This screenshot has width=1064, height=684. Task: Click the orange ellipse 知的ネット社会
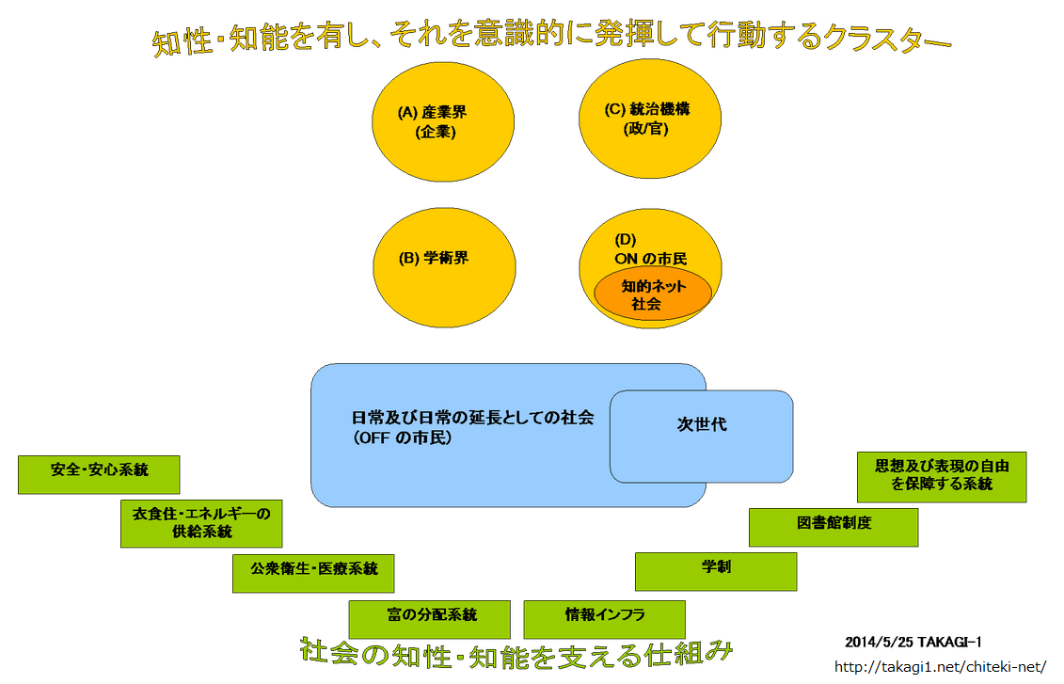(x=652, y=295)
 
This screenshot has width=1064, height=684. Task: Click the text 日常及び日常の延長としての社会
(x=472, y=419)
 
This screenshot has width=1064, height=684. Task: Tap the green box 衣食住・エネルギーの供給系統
(x=201, y=523)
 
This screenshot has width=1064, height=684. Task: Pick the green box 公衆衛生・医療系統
(x=313, y=572)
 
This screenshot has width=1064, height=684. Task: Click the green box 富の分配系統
(x=429, y=618)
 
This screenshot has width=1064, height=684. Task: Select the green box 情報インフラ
(x=604, y=618)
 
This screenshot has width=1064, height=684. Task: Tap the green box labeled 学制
(x=716, y=570)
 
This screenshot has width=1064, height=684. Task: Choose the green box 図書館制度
(x=834, y=526)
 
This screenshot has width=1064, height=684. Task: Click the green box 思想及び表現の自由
(x=942, y=476)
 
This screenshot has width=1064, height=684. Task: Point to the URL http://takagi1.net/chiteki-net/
(x=941, y=667)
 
